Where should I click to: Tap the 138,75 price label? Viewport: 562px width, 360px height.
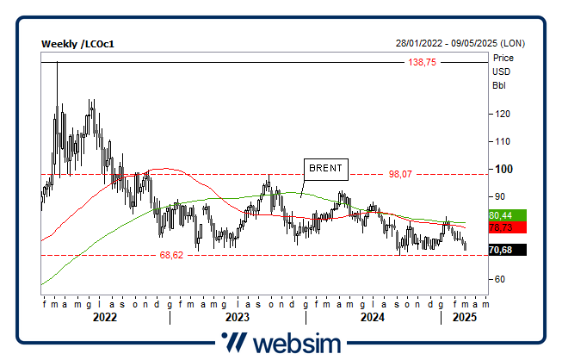(x=423, y=63)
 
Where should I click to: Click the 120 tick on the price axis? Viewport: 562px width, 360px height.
(x=500, y=114)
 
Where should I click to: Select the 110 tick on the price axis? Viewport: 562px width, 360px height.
(x=500, y=141)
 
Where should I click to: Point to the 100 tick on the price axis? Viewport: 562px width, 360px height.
(x=500, y=169)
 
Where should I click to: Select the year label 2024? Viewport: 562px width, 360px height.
(x=372, y=318)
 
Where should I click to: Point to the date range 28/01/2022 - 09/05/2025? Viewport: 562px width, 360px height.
(x=460, y=44)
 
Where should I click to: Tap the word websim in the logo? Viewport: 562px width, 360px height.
(x=296, y=343)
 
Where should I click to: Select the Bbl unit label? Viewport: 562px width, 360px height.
(x=499, y=86)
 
